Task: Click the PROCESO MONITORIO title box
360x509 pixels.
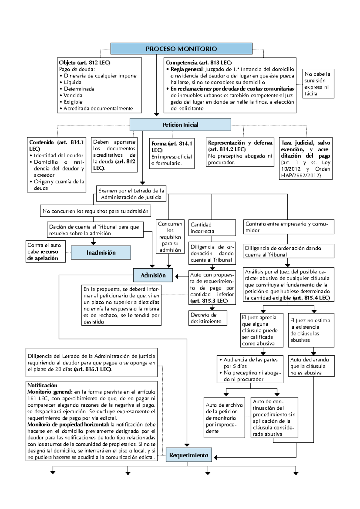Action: pyautogui.click(x=181, y=49)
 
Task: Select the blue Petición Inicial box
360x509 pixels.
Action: pyautogui.click(x=180, y=125)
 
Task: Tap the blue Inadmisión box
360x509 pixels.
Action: pyautogui.click(x=101, y=253)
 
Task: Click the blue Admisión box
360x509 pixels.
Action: pyautogui.click(x=153, y=275)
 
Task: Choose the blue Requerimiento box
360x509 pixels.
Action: pyautogui.click(x=189, y=455)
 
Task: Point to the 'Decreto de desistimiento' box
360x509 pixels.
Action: pyautogui.click(x=208, y=318)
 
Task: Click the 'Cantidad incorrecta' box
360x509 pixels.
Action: pyautogui.click(x=212, y=228)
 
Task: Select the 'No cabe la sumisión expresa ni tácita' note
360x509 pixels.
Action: pyautogui.click(x=318, y=84)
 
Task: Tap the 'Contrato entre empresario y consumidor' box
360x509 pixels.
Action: pyautogui.click(x=288, y=227)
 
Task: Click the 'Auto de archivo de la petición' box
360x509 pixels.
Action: pyautogui.click(x=224, y=418)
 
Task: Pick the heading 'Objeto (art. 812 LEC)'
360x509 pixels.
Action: pyautogui.click(x=85, y=63)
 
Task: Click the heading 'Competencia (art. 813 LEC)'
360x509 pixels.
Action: pyautogui.click(x=199, y=63)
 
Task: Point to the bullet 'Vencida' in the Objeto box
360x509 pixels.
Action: pyautogui.click(x=73, y=95)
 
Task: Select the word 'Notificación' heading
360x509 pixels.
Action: pyautogui.click(x=42, y=385)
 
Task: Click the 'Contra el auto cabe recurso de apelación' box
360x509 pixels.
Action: pyautogui.click(x=46, y=251)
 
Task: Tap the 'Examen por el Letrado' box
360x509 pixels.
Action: pyautogui.click(x=131, y=194)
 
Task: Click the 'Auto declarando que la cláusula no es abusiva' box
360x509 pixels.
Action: pyautogui.click(x=311, y=366)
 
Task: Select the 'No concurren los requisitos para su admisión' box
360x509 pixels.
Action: pyautogui.click(x=95, y=211)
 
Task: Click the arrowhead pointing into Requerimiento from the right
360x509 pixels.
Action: pyautogui.click(x=215, y=457)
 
